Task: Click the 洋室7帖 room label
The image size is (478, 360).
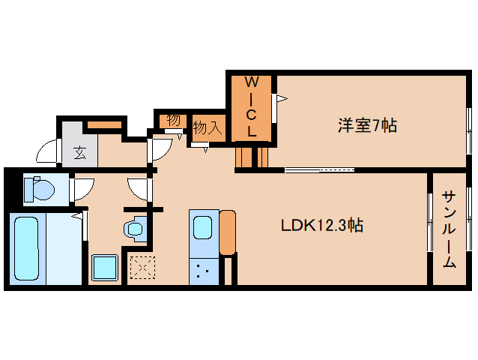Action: coord(367,125)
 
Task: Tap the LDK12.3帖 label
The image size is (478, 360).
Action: coord(322,225)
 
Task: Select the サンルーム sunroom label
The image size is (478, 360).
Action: coord(450,229)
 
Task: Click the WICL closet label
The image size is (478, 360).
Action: coord(252,106)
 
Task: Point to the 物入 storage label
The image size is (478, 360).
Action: coord(207,128)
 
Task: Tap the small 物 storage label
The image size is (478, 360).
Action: coord(173,120)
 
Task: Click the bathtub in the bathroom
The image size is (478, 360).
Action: coord(28,248)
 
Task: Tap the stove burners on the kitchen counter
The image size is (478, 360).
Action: coord(202,269)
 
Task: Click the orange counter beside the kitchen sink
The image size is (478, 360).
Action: coord(228,233)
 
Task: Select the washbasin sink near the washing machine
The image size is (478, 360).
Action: coord(135,227)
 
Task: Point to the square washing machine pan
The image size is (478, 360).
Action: coord(105,267)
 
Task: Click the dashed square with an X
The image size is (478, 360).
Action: coord(142,268)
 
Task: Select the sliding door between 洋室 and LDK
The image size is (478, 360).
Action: coord(319,169)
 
